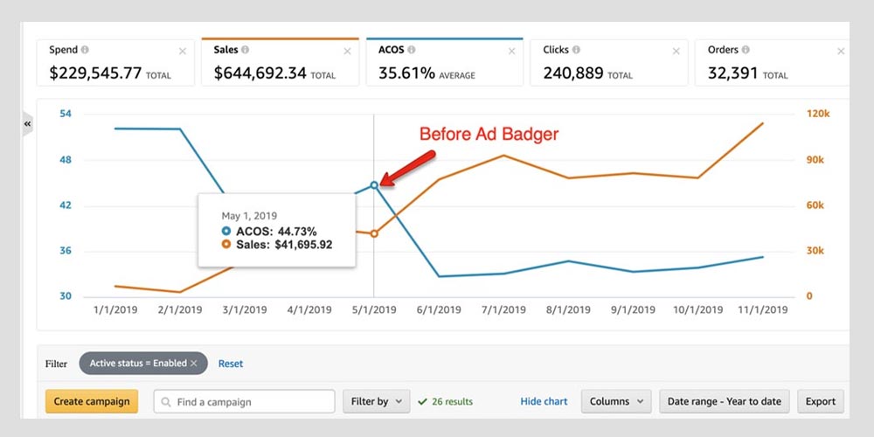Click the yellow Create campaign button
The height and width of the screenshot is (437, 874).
point(92,401)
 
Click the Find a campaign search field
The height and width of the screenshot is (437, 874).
point(245,401)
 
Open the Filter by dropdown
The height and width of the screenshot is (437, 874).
point(376,401)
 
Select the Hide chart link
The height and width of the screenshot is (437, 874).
point(544,401)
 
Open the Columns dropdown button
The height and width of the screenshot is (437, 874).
point(616,401)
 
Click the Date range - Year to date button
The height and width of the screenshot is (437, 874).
point(725,401)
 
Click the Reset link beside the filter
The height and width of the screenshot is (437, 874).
point(231,364)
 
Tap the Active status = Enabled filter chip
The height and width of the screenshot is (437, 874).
point(143,364)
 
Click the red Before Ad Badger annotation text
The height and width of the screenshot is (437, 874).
point(489,134)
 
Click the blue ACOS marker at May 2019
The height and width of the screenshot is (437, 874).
point(374,184)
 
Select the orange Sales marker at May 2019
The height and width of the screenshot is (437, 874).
point(374,234)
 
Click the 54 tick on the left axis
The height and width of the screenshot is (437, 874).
point(66,114)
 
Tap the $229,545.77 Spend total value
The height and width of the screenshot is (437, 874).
point(95,73)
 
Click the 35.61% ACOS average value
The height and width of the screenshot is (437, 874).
point(406,73)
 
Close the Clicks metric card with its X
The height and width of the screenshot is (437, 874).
point(676,52)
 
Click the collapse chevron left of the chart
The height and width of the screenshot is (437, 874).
point(27,124)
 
